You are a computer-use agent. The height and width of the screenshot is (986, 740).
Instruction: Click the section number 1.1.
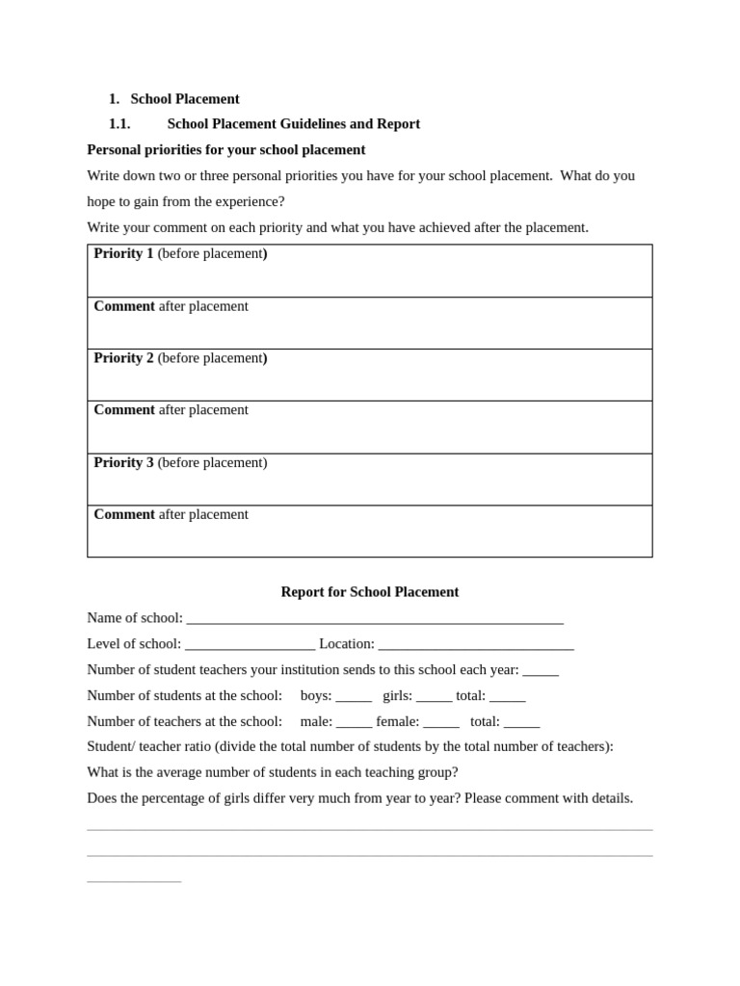pyautogui.click(x=119, y=124)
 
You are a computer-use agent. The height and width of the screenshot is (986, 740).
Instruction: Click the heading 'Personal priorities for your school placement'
pyautogui.click(x=226, y=150)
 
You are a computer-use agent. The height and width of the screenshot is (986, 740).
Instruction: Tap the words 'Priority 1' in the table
pyautogui.click(x=123, y=253)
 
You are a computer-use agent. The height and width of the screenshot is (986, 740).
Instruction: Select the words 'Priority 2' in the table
pyautogui.click(x=123, y=358)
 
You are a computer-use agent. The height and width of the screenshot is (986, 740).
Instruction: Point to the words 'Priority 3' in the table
pyautogui.click(x=123, y=462)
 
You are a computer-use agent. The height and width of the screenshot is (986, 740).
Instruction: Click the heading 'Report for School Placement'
pyautogui.click(x=370, y=592)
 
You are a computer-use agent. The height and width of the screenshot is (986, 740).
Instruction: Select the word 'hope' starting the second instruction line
pyautogui.click(x=103, y=202)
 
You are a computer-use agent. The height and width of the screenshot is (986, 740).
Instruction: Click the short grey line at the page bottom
pyautogui.click(x=134, y=881)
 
